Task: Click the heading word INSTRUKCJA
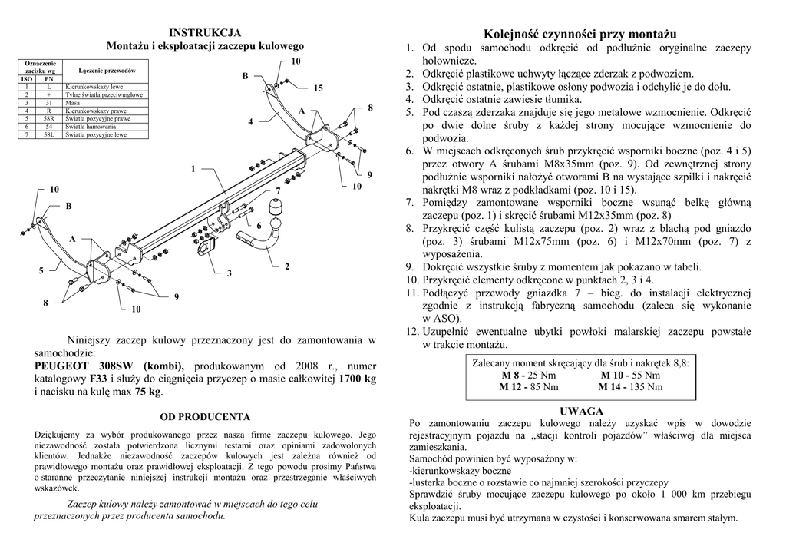[205, 32]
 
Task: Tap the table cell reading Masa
[74, 102]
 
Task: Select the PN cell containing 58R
[49, 119]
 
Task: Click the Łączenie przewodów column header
[107, 70]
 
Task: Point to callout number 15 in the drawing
[317, 90]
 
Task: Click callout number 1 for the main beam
[193, 169]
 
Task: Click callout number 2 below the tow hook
[287, 266]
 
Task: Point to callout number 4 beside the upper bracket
[250, 122]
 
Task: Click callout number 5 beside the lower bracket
[41, 271]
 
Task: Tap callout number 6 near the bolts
[259, 226]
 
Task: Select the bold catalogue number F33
[98, 379]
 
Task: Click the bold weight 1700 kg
[357, 379]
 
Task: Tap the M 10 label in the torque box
[613, 375]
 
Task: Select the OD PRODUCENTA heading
[205, 417]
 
